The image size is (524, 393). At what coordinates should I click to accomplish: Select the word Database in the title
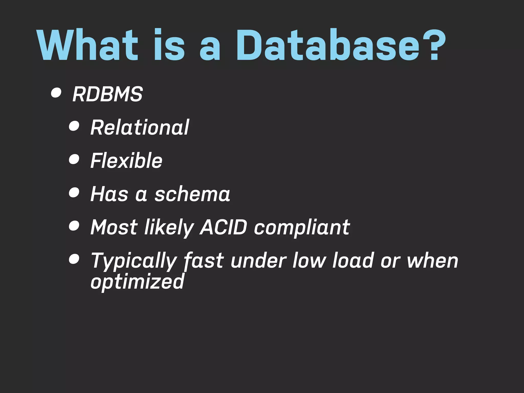[328, 45]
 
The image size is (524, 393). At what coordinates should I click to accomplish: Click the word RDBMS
[107, 94]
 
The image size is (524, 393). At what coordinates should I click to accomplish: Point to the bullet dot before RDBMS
[56, 93]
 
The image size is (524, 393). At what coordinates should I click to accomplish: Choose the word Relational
[140, 127]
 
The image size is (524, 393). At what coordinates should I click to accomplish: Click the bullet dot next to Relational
[74, 126]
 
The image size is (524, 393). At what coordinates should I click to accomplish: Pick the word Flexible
[126, 160]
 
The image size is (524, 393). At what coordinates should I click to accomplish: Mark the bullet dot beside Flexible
[74, 159]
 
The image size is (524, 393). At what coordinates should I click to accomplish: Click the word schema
[192, 194]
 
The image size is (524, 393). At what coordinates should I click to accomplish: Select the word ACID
[224, 227]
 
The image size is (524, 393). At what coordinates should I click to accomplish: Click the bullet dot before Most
[74, 226]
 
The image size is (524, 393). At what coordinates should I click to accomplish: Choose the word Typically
[133, 261]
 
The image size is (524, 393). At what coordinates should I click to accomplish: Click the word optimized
[137, 281]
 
